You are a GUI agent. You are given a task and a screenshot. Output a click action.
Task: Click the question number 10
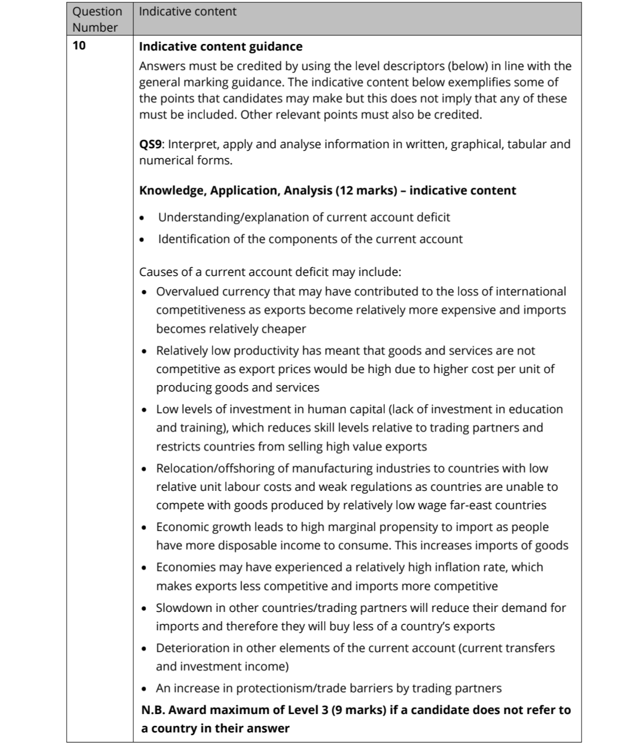(79, 46)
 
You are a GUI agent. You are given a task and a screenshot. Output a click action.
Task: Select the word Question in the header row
(97, 12)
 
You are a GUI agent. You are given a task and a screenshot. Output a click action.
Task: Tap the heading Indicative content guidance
(221, 47)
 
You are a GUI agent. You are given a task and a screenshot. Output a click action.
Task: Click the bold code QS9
(150, 144)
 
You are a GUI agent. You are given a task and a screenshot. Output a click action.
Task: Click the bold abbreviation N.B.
(153, 710)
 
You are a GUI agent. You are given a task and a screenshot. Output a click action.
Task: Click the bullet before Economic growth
(144, 527)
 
